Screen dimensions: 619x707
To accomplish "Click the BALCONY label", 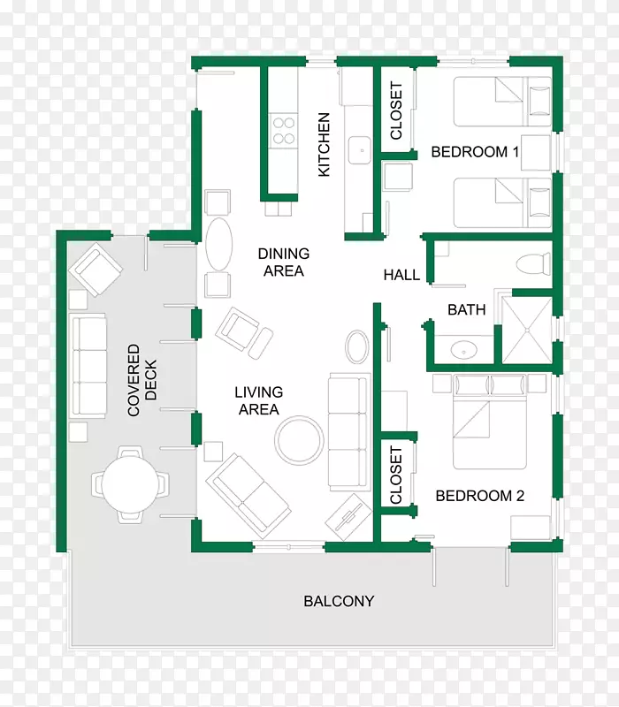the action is click(339, 601).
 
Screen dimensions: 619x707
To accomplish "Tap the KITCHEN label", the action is click(324, 144).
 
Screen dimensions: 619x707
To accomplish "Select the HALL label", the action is click(401, 275).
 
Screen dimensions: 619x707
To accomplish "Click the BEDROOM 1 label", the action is click(475, 151).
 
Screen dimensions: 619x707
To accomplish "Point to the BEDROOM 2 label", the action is click(479, 496).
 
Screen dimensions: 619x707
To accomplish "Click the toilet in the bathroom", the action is click(533, 264).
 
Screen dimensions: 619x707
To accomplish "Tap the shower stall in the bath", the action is click(527, 330).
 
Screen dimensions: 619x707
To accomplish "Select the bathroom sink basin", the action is click(463, 349).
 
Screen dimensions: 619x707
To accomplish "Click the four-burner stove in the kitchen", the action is click(284, 131).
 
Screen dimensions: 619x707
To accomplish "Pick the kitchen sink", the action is click(360, 150).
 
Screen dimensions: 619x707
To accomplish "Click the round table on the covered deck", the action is click(130, 484).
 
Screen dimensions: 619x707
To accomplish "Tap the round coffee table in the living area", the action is click(299, 440).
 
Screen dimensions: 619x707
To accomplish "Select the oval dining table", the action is click(218, 245).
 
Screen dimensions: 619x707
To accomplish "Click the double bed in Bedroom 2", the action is click(490, 422).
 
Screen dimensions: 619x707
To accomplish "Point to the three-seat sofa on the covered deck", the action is click(89, 365).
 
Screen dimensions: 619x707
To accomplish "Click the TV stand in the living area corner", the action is click(348, 517).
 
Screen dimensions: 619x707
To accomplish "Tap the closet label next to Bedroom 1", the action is click(395, 110).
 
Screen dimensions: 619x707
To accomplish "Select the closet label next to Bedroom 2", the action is click(395, 475).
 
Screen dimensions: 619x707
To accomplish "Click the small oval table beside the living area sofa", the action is click(357, 346).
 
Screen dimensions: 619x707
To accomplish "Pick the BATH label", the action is click(467, 310).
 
